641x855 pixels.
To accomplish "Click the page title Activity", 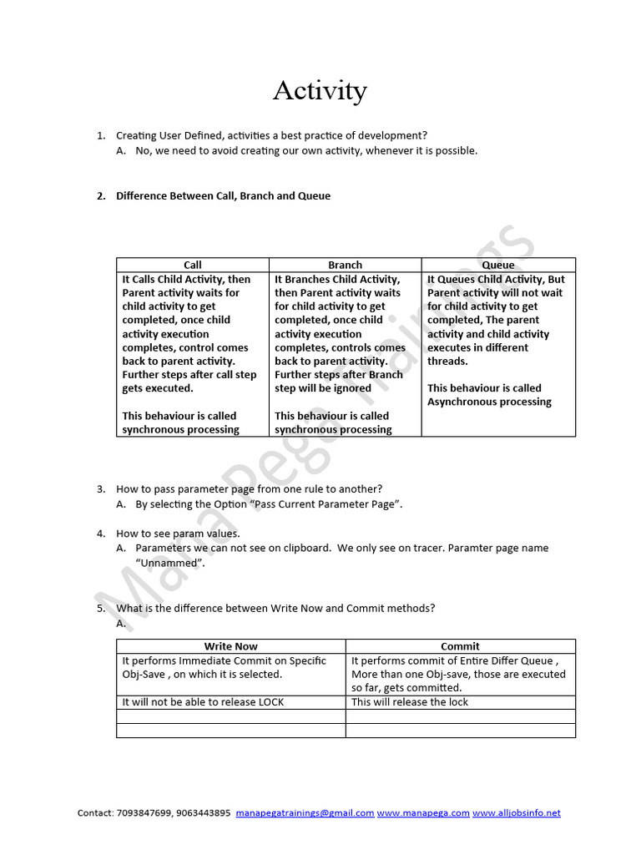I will [320, 90].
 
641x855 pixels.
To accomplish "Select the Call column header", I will [193, 265].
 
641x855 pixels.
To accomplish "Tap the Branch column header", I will [345, 265].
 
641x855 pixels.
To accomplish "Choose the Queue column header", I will [498, 265].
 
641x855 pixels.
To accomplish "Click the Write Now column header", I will [231, 646].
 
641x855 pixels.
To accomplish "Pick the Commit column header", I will [460, 646].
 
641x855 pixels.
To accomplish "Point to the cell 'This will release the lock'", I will [410, 702].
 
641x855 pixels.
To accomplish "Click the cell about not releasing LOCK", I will [203, 702].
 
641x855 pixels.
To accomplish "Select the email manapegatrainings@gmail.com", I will [305, 812].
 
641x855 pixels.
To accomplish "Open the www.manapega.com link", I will [423, 812].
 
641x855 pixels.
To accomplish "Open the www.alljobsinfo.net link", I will [517, 812].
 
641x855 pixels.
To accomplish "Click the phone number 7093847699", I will [142, 812].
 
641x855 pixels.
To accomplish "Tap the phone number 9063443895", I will [203, 812].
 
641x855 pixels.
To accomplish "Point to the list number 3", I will [100, 489].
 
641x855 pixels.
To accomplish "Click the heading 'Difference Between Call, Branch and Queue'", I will [223, 196].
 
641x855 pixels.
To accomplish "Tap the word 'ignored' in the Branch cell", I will [352, 388].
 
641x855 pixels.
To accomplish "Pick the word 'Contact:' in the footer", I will [95, 812].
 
